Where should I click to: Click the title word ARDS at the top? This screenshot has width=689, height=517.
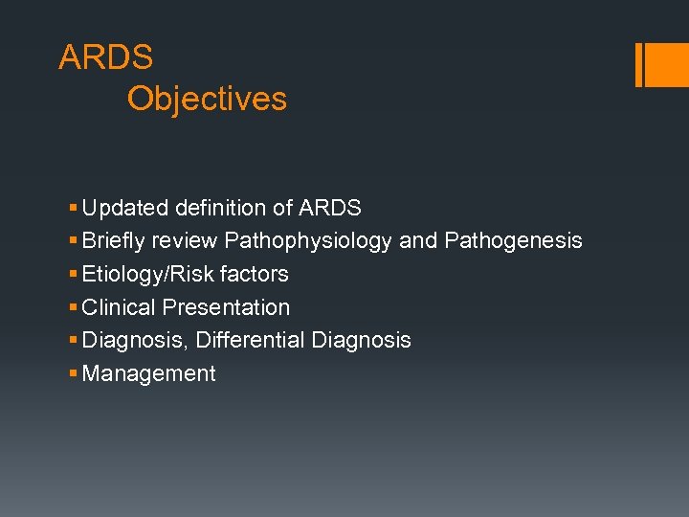coord(105,57)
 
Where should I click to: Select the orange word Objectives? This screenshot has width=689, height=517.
coord(207,99)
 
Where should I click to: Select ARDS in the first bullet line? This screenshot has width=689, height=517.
coord(330,208)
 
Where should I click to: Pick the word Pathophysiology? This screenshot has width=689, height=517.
coord(308,241)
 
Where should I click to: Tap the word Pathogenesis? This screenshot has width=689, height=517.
coord(513,241)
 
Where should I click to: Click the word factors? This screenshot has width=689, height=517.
coord(254,275)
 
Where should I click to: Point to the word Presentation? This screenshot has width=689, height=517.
coord(226,308)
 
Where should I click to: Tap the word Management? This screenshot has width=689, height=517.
coord(149,374)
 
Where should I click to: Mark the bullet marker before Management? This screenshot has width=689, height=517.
coord(74,374)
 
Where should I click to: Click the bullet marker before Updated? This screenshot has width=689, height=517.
coord(74,208)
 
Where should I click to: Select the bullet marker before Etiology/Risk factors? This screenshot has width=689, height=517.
coord(74,275)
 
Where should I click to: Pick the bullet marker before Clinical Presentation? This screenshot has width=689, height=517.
coord(74,308)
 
